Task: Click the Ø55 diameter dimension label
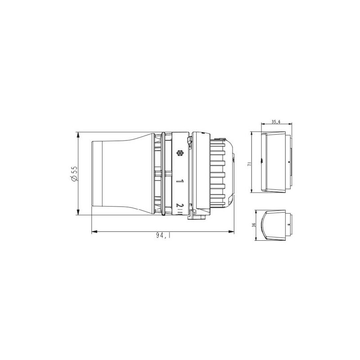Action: (x=75, y=174)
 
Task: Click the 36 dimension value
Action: (x=254, y=225)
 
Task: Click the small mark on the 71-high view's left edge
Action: (x=262, y=159)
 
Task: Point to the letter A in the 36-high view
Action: (x=288, y=224)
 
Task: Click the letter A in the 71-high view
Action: (x=288, y=162)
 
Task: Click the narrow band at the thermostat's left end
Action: (x=94, y=174)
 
